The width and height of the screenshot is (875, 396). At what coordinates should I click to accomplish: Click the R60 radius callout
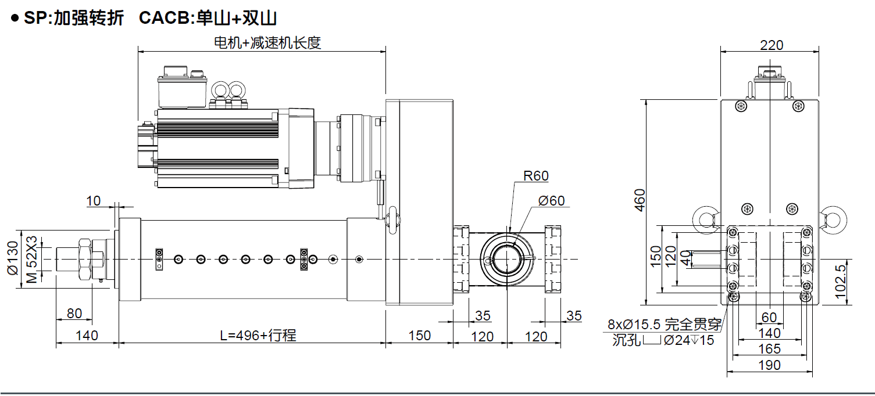click(x=535, y=176)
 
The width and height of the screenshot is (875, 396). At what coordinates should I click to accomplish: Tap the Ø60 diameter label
click(x=551, y=201)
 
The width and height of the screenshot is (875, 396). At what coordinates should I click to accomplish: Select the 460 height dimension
click(x=640, y=200)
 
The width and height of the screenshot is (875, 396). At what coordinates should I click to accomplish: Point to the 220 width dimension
click(x=772, y=45)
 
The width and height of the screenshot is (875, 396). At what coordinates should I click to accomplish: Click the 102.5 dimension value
click(x=840, y=282)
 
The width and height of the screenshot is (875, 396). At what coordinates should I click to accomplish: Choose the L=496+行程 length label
click(x=258, y=336)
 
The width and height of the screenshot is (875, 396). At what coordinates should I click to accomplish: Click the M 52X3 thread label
click(x=32, y=259)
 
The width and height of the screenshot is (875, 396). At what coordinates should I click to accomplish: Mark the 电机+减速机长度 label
click(x=267, y=43)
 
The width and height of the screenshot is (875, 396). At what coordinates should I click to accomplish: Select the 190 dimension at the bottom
click(x=769, y=365)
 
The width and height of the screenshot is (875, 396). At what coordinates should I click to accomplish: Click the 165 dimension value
click(x=769, y=349)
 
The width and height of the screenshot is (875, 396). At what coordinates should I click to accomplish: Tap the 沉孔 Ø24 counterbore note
click(x=663, y=340)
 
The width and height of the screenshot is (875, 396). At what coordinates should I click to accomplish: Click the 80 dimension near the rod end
click(x=74, y=314)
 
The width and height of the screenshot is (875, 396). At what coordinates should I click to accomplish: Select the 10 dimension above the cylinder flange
click(x=93, y=201)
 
